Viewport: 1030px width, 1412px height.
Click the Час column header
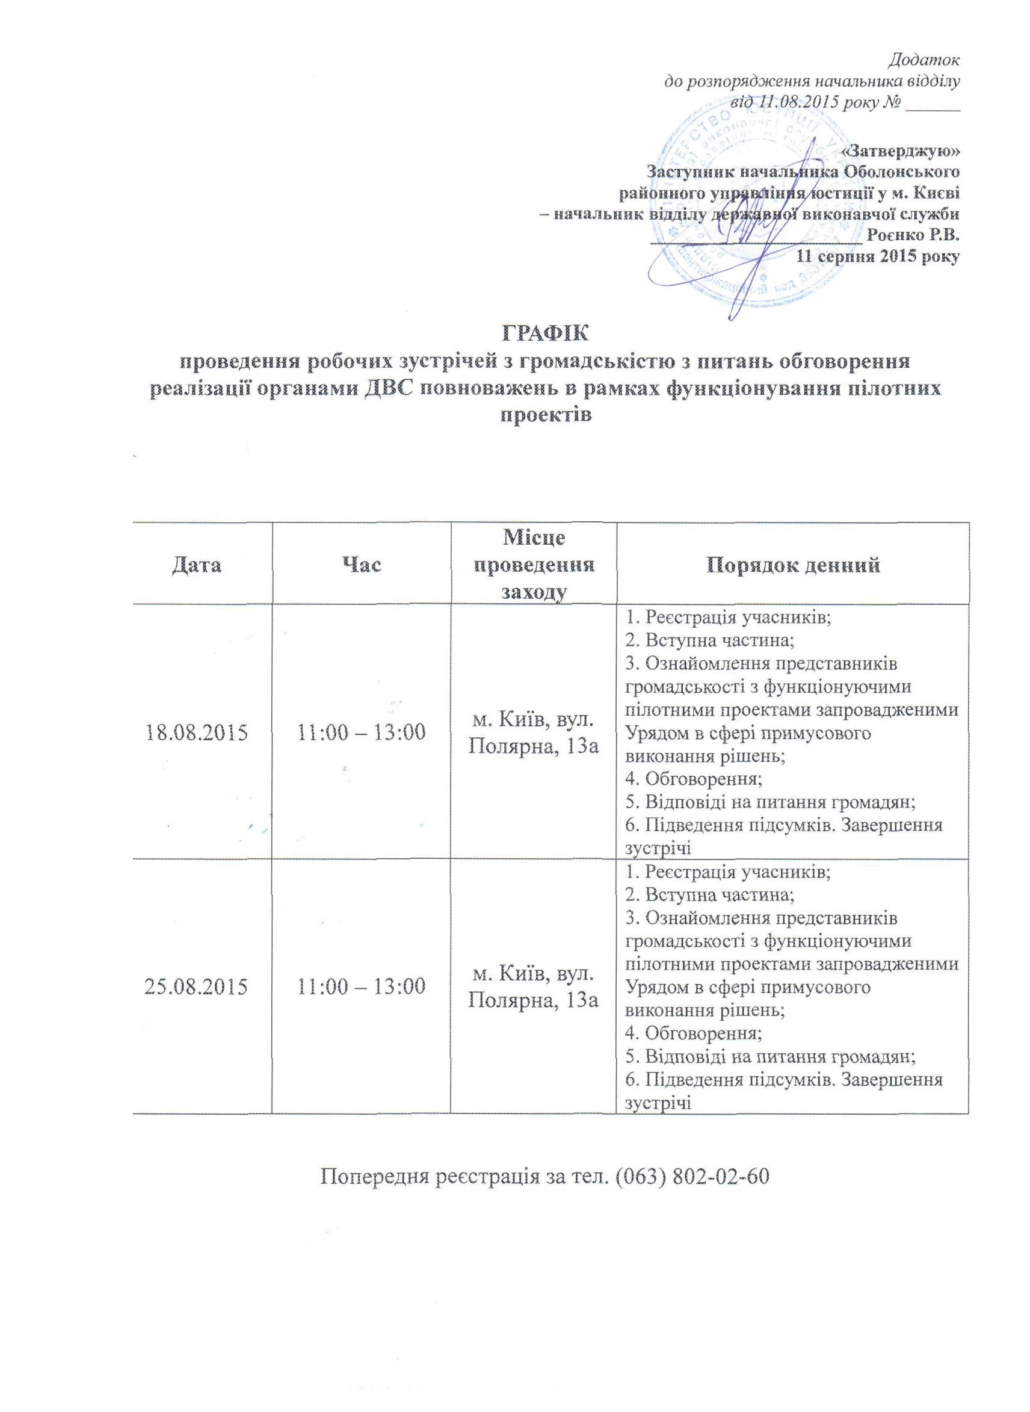tap(361, 565)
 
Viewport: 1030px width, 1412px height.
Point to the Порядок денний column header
tap(793, 565)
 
